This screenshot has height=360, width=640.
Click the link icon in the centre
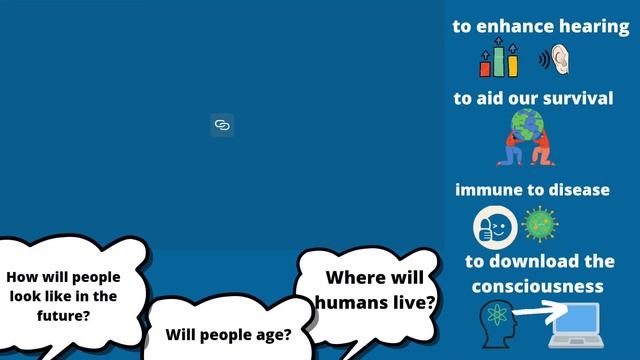[x=222, y=125]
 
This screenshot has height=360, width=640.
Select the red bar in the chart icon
[x=486, y=67]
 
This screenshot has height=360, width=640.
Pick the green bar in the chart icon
[x=499, y=63]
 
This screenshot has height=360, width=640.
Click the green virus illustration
[x=541, y=223]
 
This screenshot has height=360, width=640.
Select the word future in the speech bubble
[x=63, y=315]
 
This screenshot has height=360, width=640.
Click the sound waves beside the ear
[x=544, y=61]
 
